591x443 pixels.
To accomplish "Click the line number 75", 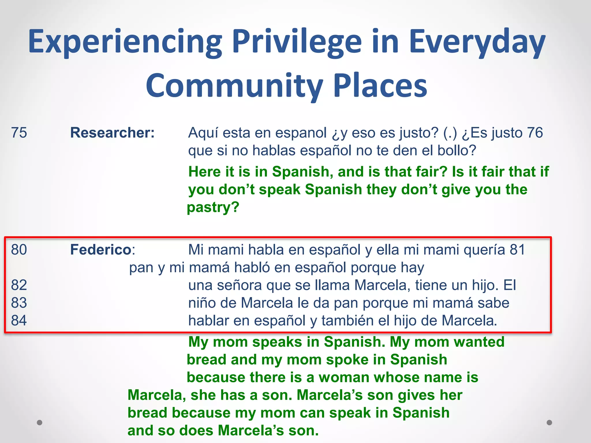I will click(x=19, y=133).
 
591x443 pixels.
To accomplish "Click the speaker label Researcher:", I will click(x=113, y=133).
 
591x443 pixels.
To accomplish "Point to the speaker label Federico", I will click(x=101, y=250).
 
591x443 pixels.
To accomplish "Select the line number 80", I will click(x=19, y=250).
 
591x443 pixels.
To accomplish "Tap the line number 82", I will click(x=19, y=285).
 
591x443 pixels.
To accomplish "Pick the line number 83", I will click(x=19, y=303).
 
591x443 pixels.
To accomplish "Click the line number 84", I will click(x=19, y=320).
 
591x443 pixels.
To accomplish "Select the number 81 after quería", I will click(x=517, y=250).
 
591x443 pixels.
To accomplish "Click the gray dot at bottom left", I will click(x=40, y=423).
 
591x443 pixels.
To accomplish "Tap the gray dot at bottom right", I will click(x=549, y=423).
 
